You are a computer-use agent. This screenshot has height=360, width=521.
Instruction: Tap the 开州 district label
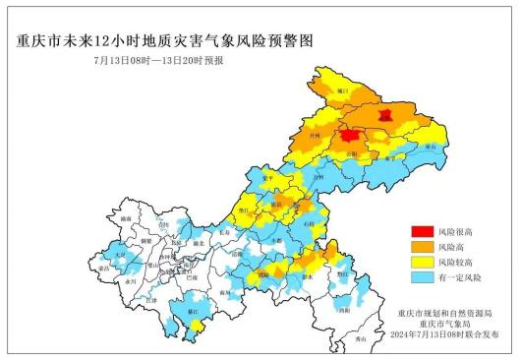(x=314, y=130)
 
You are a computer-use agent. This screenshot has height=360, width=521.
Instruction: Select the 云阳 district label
(x=355, y=154)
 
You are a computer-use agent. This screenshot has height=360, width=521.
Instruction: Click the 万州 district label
(x=317, y=175)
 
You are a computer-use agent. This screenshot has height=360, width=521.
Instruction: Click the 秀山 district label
(x=360, y=337)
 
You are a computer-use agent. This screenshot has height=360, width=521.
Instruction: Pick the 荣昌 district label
(x=102, y=267)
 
